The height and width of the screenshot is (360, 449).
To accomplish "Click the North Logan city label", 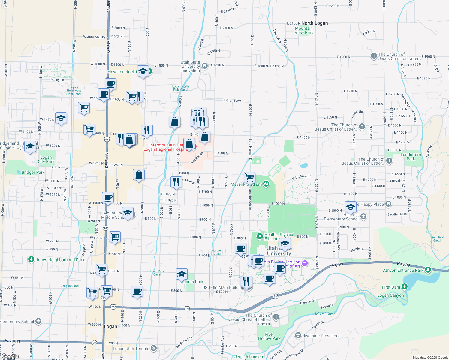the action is point(315,23).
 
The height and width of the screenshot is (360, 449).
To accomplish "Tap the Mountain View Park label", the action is point(304,30).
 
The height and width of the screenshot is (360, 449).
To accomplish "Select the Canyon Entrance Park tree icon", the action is point(428,270).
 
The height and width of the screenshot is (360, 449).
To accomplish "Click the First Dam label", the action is point(391,287).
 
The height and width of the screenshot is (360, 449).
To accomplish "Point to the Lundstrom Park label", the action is point(411,157).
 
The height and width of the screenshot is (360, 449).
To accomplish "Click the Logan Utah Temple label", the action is point(131,349).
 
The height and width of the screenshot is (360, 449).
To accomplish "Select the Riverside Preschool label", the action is point(321,336).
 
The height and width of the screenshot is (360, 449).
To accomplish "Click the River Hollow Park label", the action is point(269,336).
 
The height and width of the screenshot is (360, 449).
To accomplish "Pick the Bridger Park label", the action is point(33,172).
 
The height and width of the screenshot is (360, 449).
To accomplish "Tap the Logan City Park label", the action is point(46,159).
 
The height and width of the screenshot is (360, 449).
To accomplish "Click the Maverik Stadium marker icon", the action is point(266,184).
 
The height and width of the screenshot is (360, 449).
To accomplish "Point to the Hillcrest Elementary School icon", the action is point(363,216).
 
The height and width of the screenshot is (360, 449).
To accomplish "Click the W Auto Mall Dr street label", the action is point(94,37).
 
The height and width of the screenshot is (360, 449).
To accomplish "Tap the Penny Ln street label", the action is point(57,80).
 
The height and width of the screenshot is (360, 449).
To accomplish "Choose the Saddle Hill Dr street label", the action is point(397,214).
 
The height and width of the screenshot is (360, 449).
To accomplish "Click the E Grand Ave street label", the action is point(232,100).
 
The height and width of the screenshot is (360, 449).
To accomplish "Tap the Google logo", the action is point(10,356).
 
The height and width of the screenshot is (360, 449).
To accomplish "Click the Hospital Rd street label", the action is point(196,158).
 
